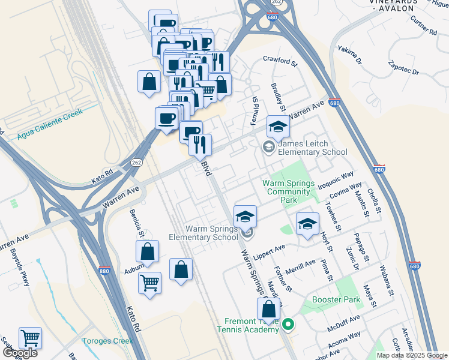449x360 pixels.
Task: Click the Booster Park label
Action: pos(336,299)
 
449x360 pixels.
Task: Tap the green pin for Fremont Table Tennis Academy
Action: pos(288,325)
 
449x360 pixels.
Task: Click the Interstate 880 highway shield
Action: pos(103,271)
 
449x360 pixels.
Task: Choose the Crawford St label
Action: pos(280,61)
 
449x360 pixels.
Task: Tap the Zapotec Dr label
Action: pos(403,66)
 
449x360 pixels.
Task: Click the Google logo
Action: pos(20,353)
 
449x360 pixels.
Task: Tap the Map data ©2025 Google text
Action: pos(412,355)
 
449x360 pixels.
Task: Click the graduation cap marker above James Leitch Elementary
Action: pos(278,126)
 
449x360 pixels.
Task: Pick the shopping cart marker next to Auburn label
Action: pos(149,282)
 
